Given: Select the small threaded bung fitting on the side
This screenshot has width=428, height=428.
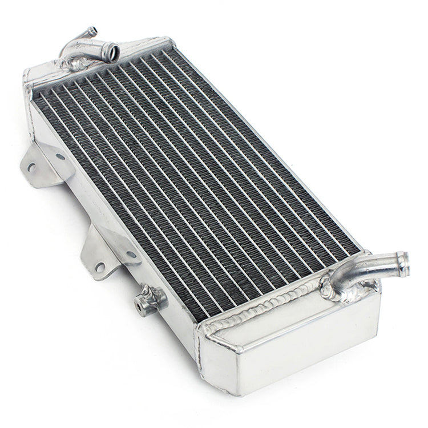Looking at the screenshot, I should pyautogui.click(x=150, y=300).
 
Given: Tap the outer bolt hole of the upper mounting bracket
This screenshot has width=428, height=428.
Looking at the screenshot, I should pyautogui.click(x=32, y=167).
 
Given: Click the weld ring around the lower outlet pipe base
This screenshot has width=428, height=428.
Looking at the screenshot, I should pyautogui.click(x=337, y=291).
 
